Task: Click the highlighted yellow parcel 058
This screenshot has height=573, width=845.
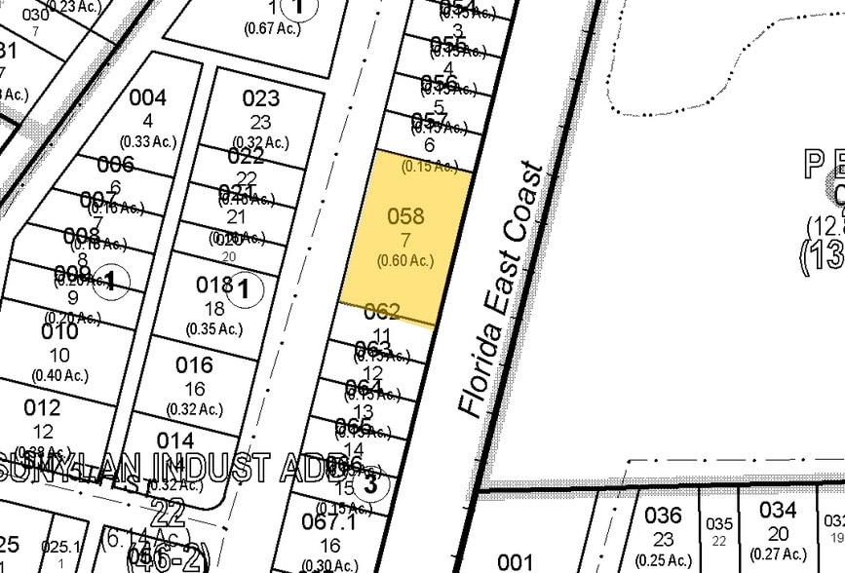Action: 405,234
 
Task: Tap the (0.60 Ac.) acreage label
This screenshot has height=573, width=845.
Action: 404,260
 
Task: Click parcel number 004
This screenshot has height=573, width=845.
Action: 147,97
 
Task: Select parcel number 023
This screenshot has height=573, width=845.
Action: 260,97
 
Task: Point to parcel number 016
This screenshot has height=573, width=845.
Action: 194,365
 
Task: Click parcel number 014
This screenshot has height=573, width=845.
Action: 175,440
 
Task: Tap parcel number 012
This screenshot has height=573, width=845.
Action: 42,406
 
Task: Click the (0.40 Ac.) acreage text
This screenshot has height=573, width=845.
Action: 59,375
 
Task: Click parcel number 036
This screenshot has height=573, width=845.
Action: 663,513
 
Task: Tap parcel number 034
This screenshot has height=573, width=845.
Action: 778,510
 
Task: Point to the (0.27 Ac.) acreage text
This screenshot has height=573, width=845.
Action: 778,554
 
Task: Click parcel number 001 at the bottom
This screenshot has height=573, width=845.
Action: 516,561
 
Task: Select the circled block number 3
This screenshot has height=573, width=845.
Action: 369,482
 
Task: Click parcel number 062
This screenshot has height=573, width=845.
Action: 382,312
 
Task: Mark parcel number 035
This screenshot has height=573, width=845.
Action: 718,523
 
